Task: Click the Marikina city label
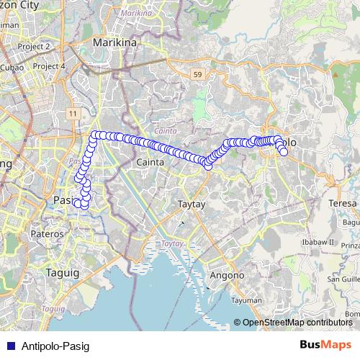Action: (x=115, y=42)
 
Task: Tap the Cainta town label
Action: (x=150, y=163)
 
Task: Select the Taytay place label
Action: (x=192, y=204)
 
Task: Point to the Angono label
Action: (x=227, y=275)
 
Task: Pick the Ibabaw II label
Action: (x=319, y=242)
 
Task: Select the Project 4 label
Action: (x=48, y=66)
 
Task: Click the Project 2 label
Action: (x=32, y=46)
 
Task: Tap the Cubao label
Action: (x=12, y=67)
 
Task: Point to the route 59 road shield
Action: (x=197, y=73)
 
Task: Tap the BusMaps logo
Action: (x=326, y=345)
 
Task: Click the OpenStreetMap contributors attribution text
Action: (x=297, y=323)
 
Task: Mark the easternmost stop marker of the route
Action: (x=284, y=152)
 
